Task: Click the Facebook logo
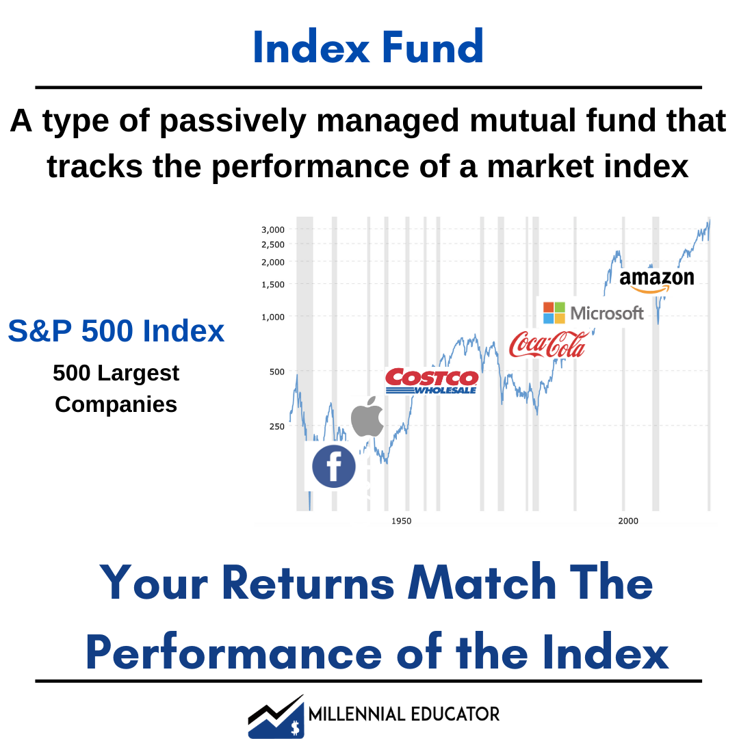[334, 466]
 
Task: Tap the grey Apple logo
[367, 417]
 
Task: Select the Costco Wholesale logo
[432, 381]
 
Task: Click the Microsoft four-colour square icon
[554, 313]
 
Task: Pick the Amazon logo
[656, 281]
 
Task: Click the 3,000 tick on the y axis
[273, 229]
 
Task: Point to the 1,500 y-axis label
[273, 284]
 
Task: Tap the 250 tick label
[276, 426]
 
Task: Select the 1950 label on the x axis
[401, 521]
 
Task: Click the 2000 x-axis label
[628, 521]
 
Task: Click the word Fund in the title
[432, 47]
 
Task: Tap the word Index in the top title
[311, 47]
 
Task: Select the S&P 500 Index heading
[116, 330]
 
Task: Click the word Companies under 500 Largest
[116, 404]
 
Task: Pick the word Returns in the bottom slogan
[308, 583]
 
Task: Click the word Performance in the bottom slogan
[233, 653]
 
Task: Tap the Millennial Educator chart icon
[276, 716]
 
